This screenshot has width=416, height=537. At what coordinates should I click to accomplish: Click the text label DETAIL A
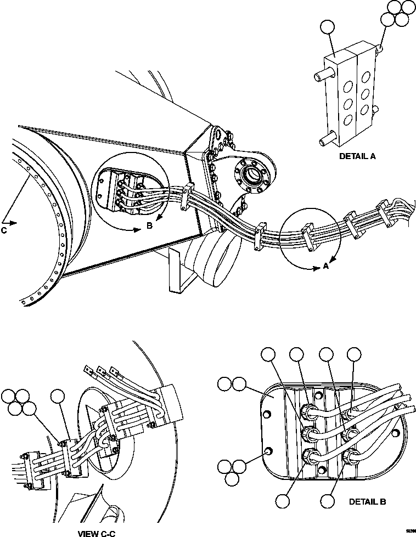(357, 156)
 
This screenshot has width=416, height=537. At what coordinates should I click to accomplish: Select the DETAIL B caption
(368, 501)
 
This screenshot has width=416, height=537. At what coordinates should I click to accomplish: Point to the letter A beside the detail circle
(325, 267)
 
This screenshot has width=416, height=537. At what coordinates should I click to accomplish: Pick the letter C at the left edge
(4, 230)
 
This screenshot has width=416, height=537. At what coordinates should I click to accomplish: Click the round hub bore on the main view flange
(255, 175)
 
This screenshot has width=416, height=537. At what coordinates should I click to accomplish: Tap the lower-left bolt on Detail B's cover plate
(268, 451)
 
